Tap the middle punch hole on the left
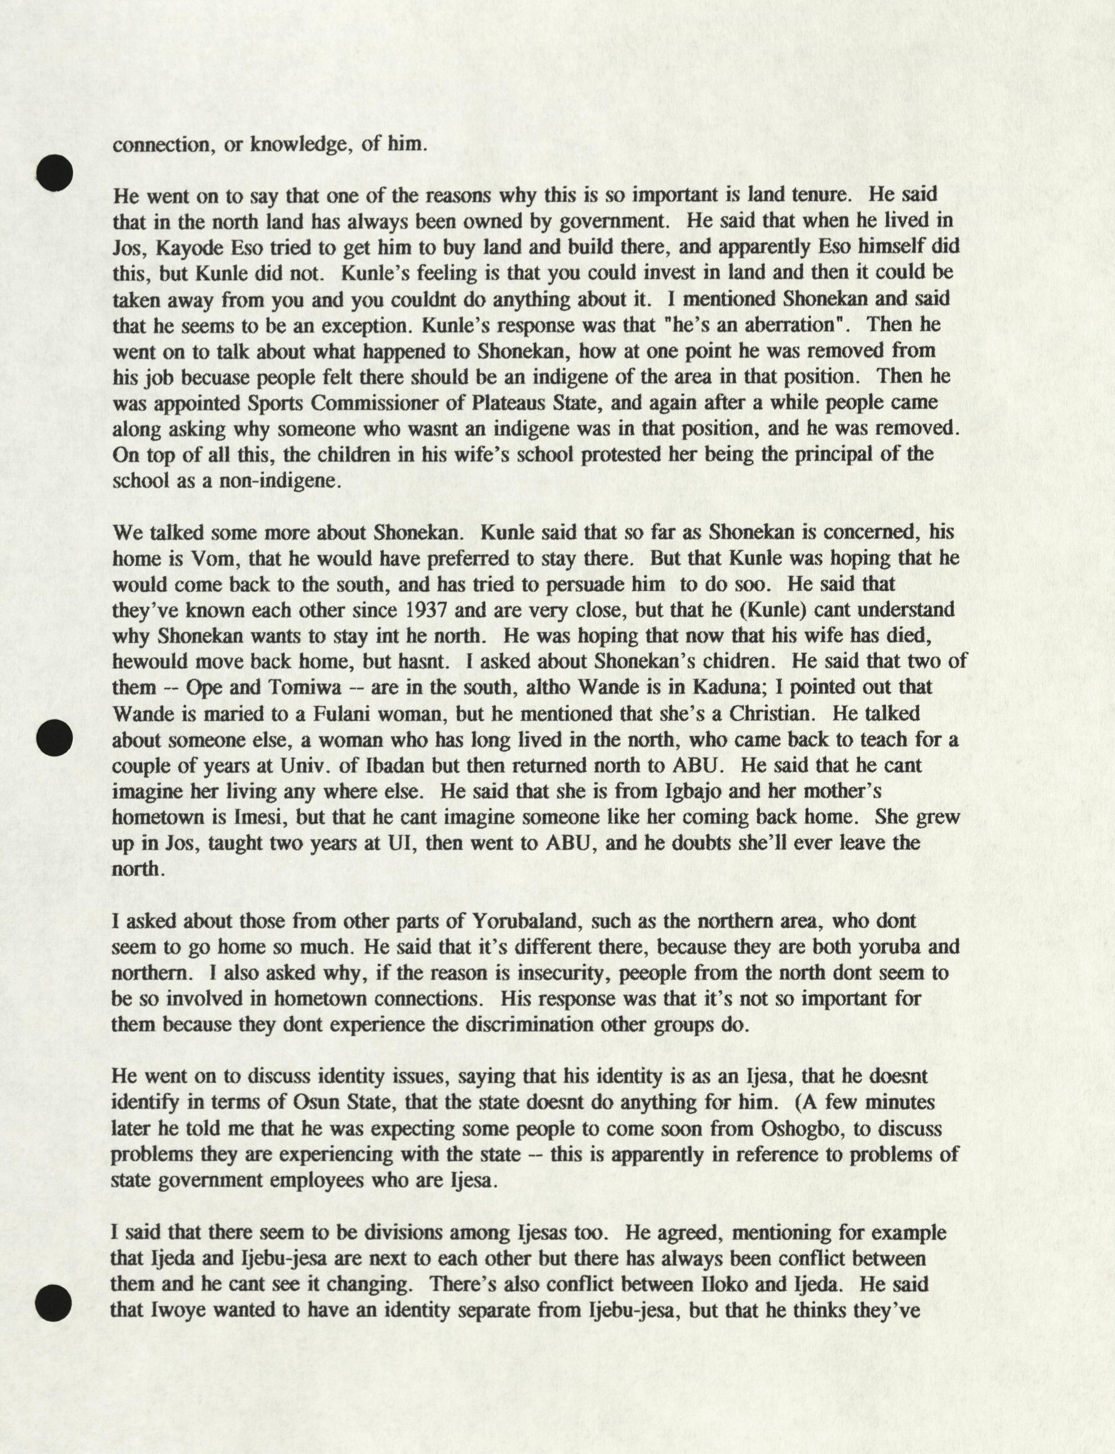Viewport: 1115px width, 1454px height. (54, 737)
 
